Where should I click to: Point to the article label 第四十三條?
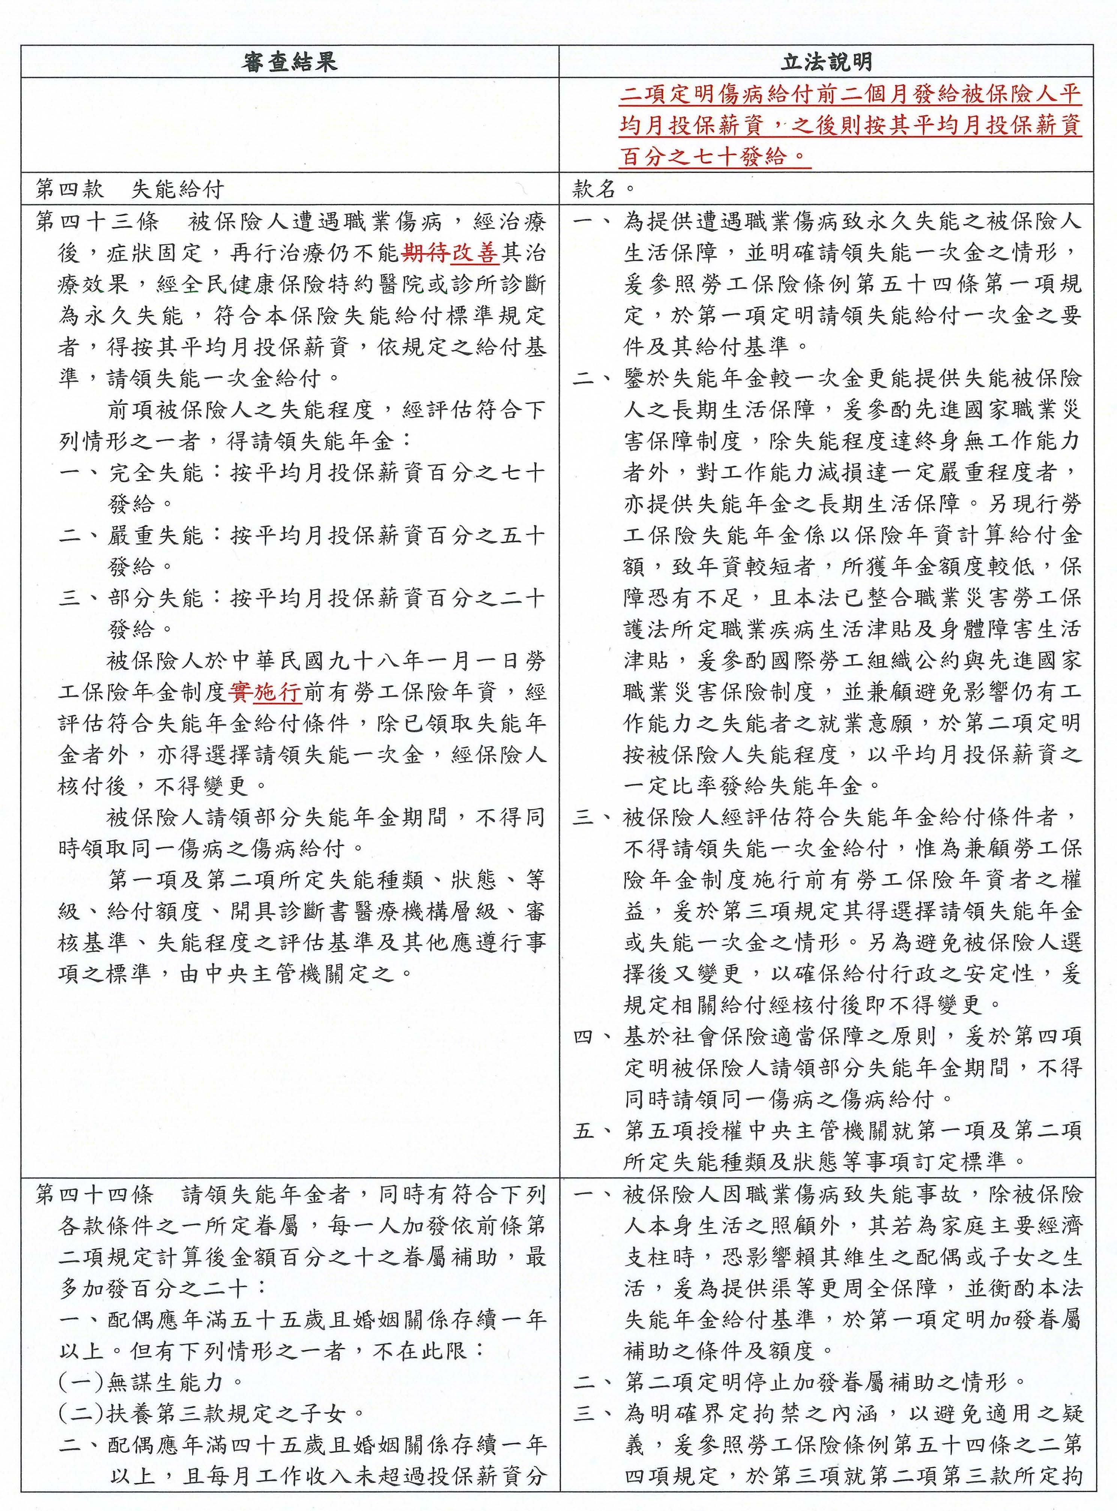96,222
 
